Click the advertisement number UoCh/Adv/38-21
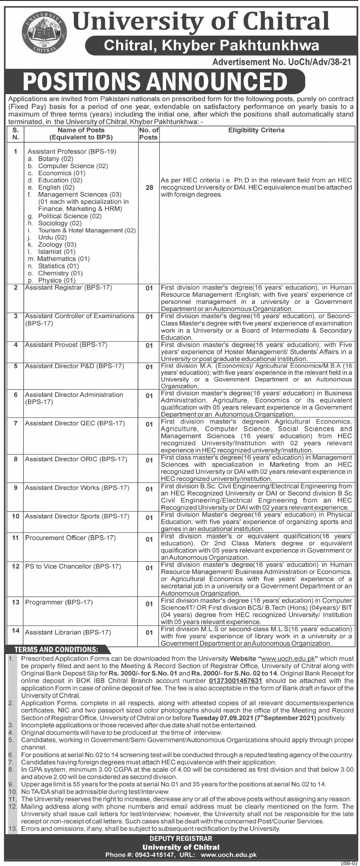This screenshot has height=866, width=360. click(282, 62)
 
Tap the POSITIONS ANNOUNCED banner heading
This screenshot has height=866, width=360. click(155, 82)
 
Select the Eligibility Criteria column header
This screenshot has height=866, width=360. click(256, 130)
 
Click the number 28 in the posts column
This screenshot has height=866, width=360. click(149, 188)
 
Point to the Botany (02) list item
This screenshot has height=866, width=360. click(55, 159)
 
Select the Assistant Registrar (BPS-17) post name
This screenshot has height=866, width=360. click(68, 287)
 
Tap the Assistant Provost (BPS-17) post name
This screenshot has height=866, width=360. click(66, 344)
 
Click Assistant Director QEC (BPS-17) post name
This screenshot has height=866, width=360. click(75, 423)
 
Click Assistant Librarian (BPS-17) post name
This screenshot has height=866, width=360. click(67, 632)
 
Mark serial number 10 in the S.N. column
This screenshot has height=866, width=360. click(16, 516)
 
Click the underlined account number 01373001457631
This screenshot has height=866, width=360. click(235, 680)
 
